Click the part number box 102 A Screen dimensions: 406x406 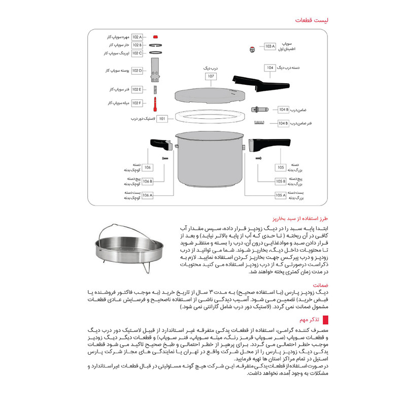pos(138,38)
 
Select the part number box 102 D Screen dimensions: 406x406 pos(138,71)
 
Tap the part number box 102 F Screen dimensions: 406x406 pos(138,103)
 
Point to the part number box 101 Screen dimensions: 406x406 pos(162,119)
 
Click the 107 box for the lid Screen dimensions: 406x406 pos(211,77)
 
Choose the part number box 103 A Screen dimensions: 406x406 pos(269,46)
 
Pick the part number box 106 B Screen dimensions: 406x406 pos(147,181)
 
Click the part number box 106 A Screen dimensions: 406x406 pos(147,195)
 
